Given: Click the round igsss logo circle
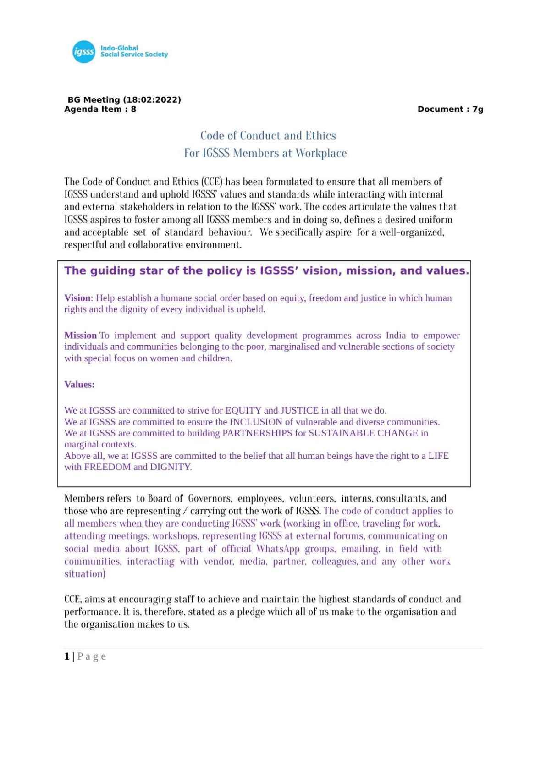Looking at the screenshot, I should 83,52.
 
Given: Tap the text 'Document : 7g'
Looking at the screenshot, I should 450,109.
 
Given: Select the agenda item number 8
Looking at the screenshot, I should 133,109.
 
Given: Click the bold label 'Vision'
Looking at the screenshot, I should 77,298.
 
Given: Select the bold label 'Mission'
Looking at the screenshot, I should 80,336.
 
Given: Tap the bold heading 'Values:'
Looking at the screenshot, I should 79,385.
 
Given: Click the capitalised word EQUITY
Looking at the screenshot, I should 243,410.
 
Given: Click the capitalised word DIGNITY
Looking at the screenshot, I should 170,467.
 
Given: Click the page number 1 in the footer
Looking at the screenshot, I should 67,656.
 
